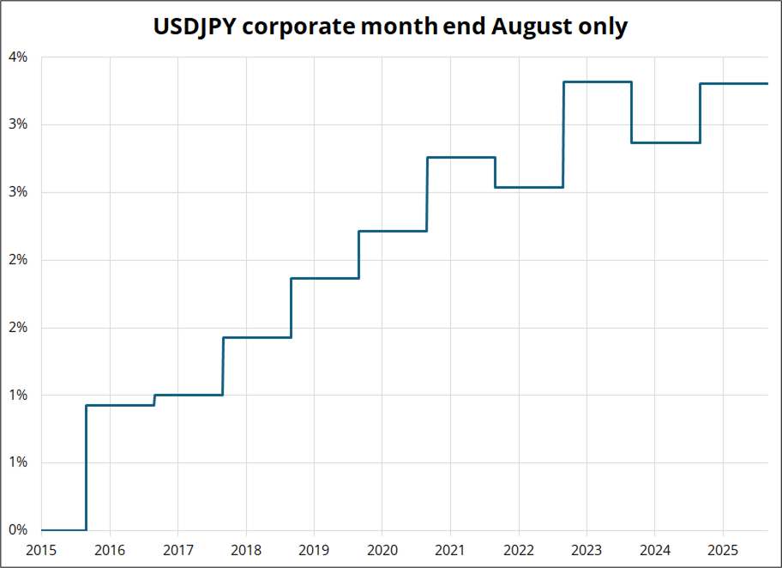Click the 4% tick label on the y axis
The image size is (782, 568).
19,57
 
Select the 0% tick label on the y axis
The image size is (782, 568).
19,530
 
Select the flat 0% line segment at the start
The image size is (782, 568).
63,530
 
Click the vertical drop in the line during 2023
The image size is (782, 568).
632,112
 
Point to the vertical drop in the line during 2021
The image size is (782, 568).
496,172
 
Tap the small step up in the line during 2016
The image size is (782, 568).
154,400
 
